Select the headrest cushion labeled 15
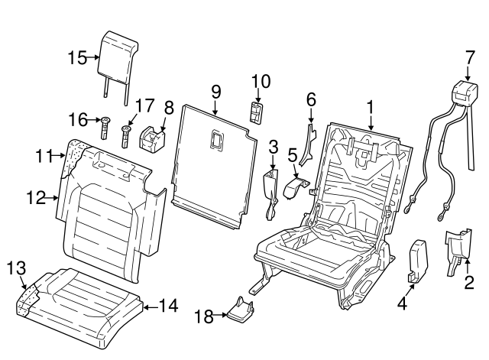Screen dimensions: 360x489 (121, 51)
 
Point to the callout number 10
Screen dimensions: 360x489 (261, 81)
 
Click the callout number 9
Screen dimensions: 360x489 (216, 92)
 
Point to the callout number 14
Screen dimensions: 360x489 (168, 306)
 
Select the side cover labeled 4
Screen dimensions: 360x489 (419, 260)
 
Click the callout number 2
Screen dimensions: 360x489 (469, 283)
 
